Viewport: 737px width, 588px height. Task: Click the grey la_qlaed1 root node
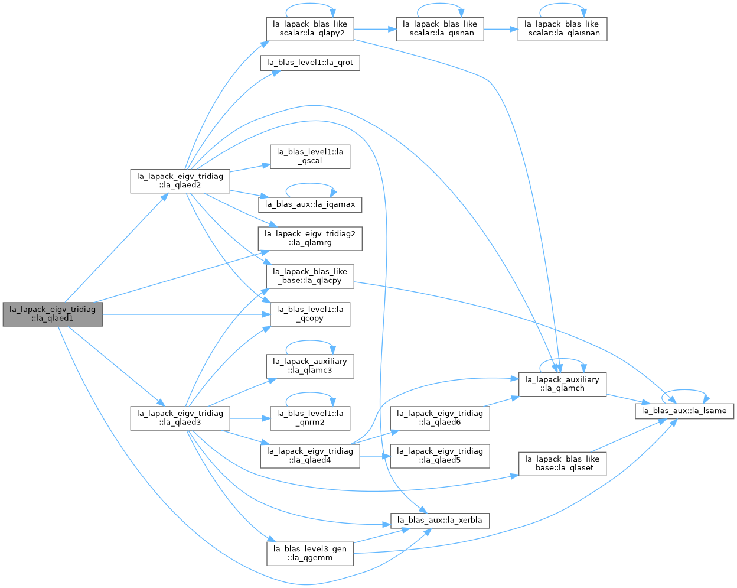[x=53, y=314]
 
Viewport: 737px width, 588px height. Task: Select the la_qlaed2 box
[x=180, y=181]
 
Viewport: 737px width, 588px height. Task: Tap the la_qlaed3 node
[x=180, y=418]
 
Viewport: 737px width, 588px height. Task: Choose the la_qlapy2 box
[x=310, y=29]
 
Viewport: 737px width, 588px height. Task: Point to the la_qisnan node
[x=440, y=29]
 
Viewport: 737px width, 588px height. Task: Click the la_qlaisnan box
[x=562, y=29]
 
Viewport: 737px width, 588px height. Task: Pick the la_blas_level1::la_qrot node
[x=310, y=63]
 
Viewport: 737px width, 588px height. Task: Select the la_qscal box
[x=310, y=157]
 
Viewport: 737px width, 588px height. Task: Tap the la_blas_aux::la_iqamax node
[x=310, y=204]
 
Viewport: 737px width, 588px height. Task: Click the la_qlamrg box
[x=310, y=239]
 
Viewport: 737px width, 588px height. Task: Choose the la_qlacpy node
[x=310, y=276]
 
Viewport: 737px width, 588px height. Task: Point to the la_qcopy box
[x=310, y=314]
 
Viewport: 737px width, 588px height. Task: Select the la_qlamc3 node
[x=310, y=366]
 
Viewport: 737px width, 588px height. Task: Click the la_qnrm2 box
[x=310, y=418]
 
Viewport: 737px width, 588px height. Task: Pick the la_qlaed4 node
[x=310, y=456]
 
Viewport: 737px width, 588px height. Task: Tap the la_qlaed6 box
[x=440, y=418]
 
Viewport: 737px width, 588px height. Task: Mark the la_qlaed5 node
[x=440, y=456]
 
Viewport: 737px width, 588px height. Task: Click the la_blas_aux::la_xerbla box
[x=440, y=521]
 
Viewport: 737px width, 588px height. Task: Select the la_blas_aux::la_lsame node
[x=684, y=411]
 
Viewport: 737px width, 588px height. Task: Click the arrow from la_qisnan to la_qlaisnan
[x=501, y=29]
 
